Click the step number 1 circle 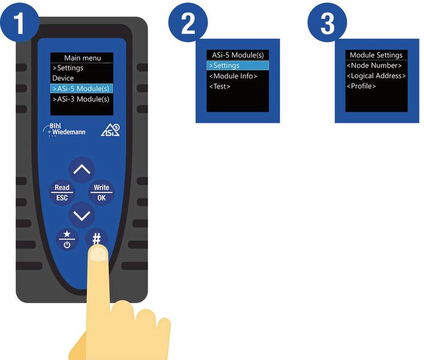pyautogui.click(x=19, y=23)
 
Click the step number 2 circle pyautogui.click(x=188, y=23)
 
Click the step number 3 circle pyautogui.click(x=327, y=23)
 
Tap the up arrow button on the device pyautogui.click(x=82, y=170)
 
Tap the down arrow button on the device pyautogui.click(x=82, y=215)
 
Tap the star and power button pyautogui.click(x=67, y=239)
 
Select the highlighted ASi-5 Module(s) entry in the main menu pyautogui.click(x=82, y=88)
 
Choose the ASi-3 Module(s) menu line pyautogui.click(x=81, y=99)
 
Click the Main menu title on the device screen pyautogui.click(x=83, y=58)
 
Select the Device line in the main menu pyautogui.click(x=63, y=78)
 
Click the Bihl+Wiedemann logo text pyautogui.click(x=65, y=130)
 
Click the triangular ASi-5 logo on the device pyautogui.click(x=110, y=130)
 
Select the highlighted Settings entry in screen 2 pyautogui.click(x=237, y=65)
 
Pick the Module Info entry pyautogui.click(x=233, y=76)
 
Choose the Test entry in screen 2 pyautogui.click(x=219, y=86)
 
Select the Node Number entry pyautogui.click(x=374, y=65)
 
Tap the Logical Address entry pyautogui.click(x=376, y=76)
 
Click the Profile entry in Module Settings pyautogui.click(x=361, y=86)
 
